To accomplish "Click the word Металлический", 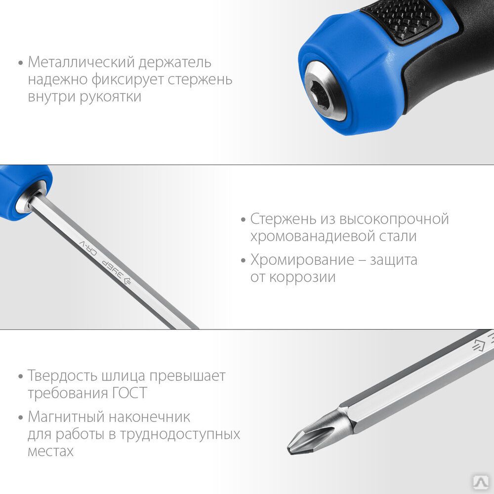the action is point(81,62).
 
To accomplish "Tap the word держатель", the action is point(175,63).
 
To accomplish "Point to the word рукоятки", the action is point(110,97).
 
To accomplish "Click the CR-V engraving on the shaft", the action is point(88,248).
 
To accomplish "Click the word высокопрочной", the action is point(394,219).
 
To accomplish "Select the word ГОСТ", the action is point(129,393).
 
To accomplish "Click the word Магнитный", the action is point(67,417).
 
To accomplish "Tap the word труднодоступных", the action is point(179,435).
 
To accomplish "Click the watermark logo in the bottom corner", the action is point(481,482).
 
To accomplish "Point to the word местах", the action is point(50,452).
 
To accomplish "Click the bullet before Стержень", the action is point(243,220).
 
